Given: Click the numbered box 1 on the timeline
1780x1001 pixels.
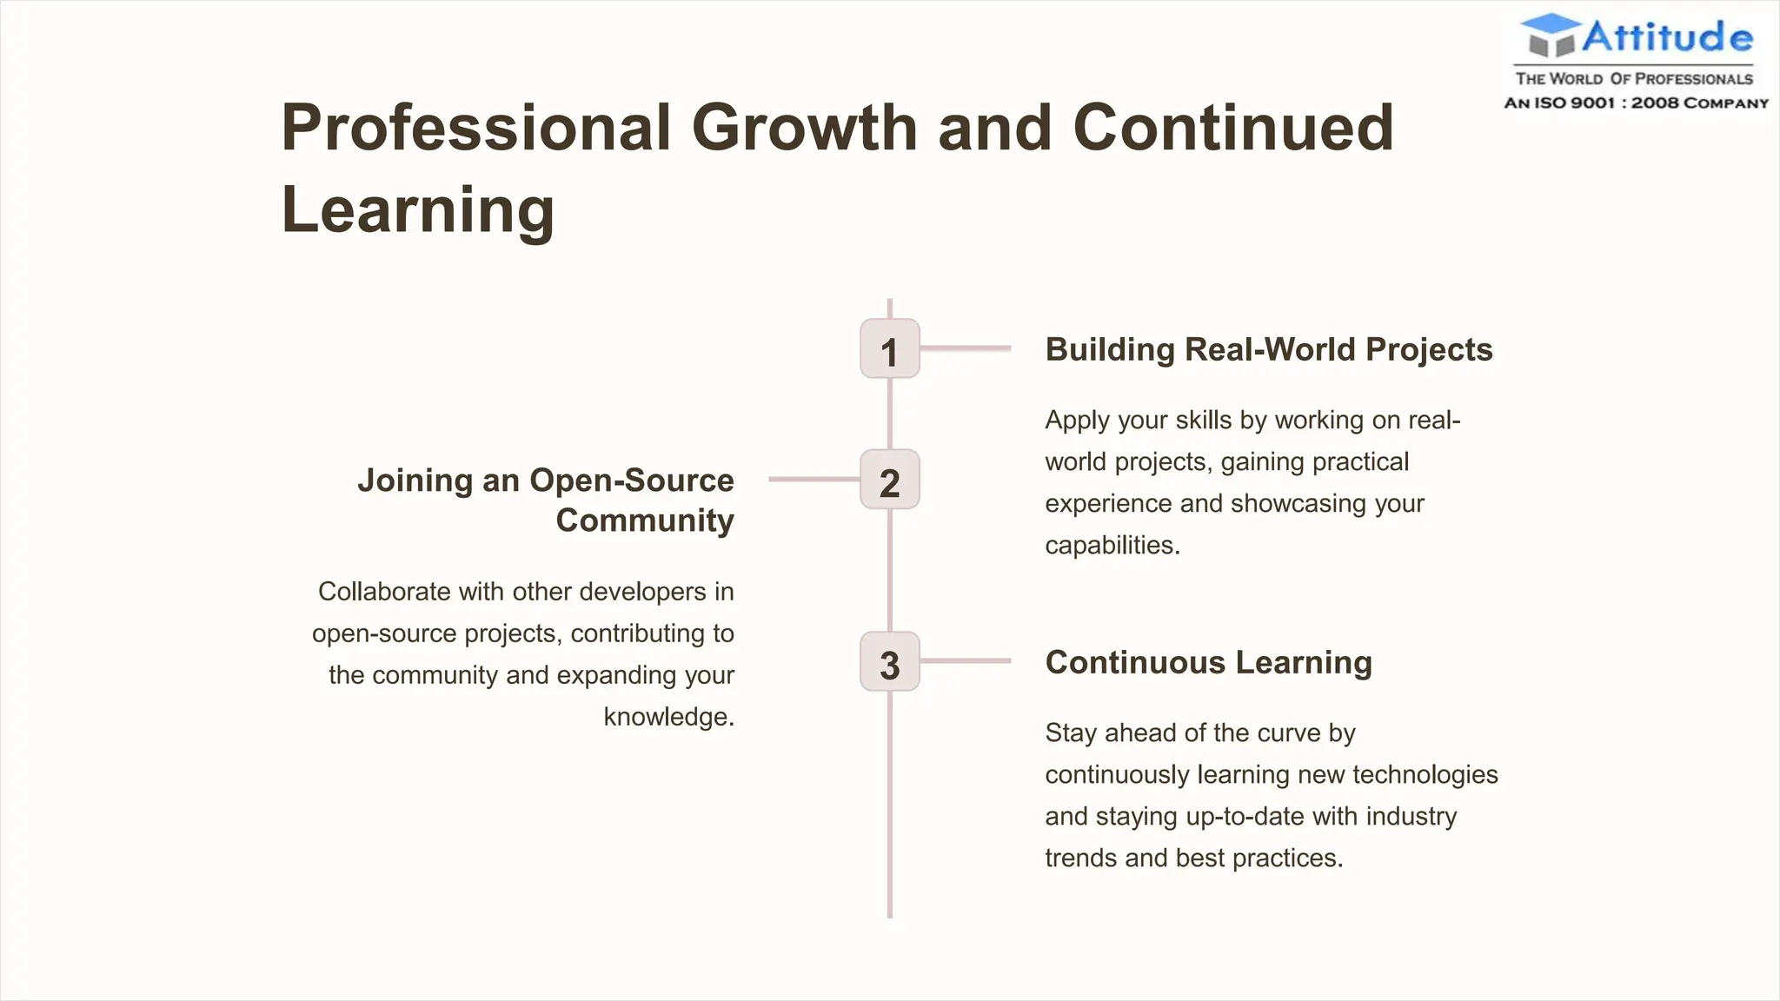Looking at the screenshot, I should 889,349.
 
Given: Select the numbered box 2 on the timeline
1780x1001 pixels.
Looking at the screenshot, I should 889,480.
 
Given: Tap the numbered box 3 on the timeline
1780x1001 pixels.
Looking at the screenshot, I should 889,662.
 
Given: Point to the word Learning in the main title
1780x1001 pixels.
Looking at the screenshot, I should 417,209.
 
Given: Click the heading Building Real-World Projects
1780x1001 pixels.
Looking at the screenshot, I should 1268,349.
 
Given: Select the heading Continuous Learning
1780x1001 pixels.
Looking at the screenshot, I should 1208,662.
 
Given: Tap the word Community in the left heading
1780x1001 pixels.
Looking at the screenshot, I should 644,520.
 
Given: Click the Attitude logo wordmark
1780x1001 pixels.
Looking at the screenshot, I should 1666,36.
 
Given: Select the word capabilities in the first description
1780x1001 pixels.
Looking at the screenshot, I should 1112,546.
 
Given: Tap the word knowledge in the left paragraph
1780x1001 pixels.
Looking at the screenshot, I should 668,717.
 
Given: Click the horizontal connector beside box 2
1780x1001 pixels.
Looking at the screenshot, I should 814,479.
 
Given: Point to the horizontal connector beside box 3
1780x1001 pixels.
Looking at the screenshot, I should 965,661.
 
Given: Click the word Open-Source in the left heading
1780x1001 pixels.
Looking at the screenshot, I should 631,481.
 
